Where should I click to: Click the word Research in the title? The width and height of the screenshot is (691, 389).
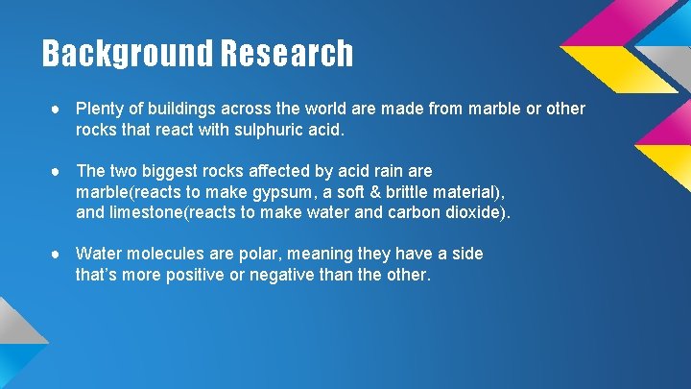tap(286, 54)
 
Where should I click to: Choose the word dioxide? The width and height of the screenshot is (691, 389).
tap(474, 211)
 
